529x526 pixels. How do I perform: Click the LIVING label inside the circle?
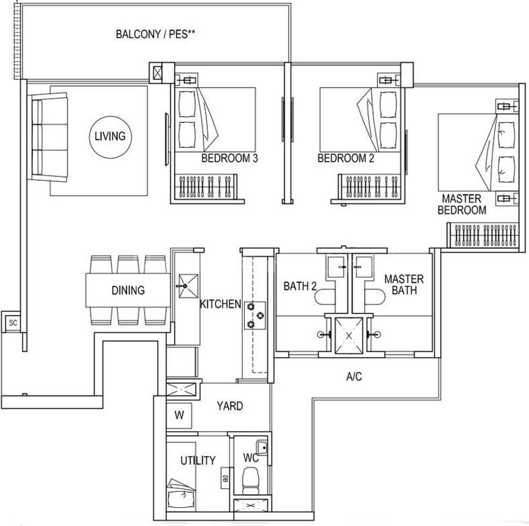[110, 136]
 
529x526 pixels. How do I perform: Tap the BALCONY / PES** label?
[156, 34]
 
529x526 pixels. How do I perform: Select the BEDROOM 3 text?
[229, 158]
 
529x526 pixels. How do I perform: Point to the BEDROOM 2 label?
[346, 158]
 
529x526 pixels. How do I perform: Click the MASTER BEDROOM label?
[462, 204]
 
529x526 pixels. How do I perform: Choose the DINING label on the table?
[128, 290]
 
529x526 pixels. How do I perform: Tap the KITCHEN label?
[220, 304]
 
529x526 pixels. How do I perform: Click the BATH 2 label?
[300, 286]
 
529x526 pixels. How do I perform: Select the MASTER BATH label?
[404, 284]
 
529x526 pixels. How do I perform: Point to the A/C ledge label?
[354, 376]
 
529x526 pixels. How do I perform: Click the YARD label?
[230, 406]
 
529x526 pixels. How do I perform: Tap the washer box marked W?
[179, 416]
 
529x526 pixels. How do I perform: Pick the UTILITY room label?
[197, 461]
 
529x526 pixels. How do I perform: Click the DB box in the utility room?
[225, 478]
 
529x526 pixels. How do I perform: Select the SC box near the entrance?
[13, 323]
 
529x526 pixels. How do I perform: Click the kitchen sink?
[188, 286]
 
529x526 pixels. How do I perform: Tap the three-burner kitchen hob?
[255, 316]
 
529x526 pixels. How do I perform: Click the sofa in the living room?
[49, 138]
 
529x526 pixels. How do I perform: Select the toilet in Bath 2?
[324, 297]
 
